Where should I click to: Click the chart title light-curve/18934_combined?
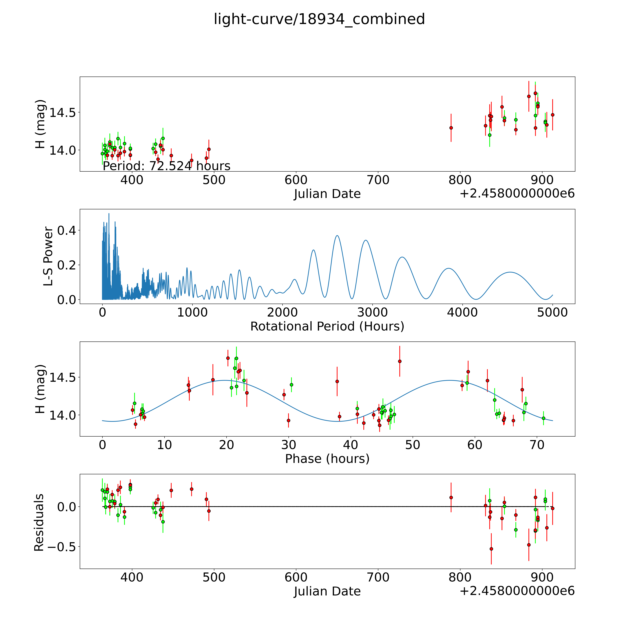point(319,19)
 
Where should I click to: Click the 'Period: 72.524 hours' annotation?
point(166,166)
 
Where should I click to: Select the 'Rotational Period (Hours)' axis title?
point(327,326)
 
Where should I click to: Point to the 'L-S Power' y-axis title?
point(48,256)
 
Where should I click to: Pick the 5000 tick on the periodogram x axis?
point(552,312)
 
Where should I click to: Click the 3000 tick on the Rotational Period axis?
point(372,312)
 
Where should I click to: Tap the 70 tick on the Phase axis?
point(537,445)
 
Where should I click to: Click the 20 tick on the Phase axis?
point(227,445)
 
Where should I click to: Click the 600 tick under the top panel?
point(296,180)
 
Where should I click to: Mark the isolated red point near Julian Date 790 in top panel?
point(451,128)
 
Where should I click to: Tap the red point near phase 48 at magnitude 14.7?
point(399,361)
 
